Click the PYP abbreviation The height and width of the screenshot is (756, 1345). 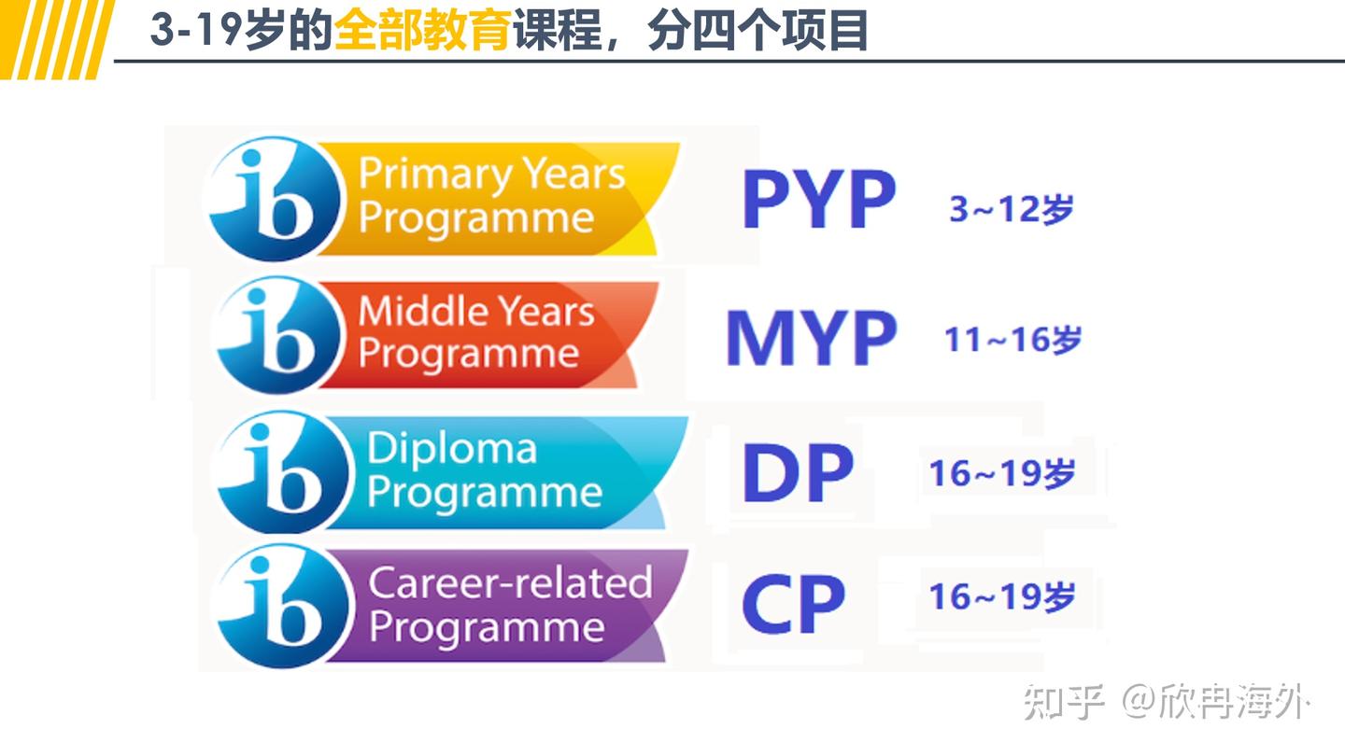pos(818,200)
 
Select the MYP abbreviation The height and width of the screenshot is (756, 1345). pos(811,338)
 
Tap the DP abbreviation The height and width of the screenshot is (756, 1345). pos(797,473)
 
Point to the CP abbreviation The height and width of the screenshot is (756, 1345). pos(793,605)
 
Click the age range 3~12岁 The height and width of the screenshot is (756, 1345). pos(1011,210)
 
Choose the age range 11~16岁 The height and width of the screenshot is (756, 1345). pos(1012,341)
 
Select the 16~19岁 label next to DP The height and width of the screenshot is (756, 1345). pos(1001,474)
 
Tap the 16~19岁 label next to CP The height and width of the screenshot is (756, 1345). pos(1001,597)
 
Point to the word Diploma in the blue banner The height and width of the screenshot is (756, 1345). pos(452,449)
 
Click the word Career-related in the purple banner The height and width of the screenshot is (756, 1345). pos(510,583)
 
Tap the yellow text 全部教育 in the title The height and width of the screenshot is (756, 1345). pos(421,31)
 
